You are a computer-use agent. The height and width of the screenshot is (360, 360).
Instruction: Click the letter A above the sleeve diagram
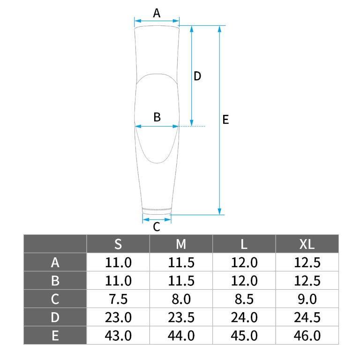click(x=157, y=13)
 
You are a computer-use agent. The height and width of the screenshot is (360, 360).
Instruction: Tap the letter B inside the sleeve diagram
click(x=157, y=117)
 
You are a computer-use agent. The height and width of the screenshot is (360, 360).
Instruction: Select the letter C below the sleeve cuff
click(x=157, y=227)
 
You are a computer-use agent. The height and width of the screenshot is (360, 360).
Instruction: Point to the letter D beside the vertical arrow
click(x=197, y=76)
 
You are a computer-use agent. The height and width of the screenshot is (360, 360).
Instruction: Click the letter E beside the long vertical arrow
click(x=225, y=120)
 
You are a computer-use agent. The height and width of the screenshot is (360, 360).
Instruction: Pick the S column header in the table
click(x=118, y=244)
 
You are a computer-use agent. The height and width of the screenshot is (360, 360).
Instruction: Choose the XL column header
click(x=307, y=244)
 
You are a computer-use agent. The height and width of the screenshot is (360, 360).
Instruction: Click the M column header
click(x=181, y=244)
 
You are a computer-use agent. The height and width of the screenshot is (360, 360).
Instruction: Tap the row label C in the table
click(x=55, y=299)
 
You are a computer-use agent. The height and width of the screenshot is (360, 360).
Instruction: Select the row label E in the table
click(x=55, y=336)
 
